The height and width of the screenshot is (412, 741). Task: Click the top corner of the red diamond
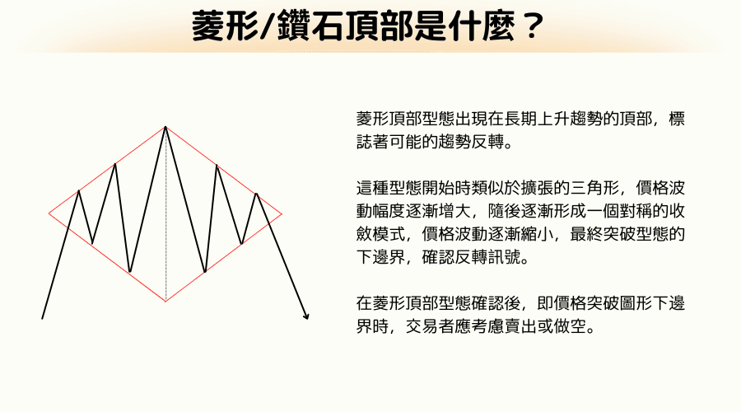[x=165, y=126]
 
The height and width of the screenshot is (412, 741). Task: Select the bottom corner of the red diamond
[x=165, y=302]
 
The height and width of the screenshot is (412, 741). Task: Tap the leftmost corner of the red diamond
[x=49, y=213]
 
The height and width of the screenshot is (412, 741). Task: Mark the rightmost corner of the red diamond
[x=282, y=214]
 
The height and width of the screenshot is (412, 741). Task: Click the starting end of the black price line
[x=42, y=317]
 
